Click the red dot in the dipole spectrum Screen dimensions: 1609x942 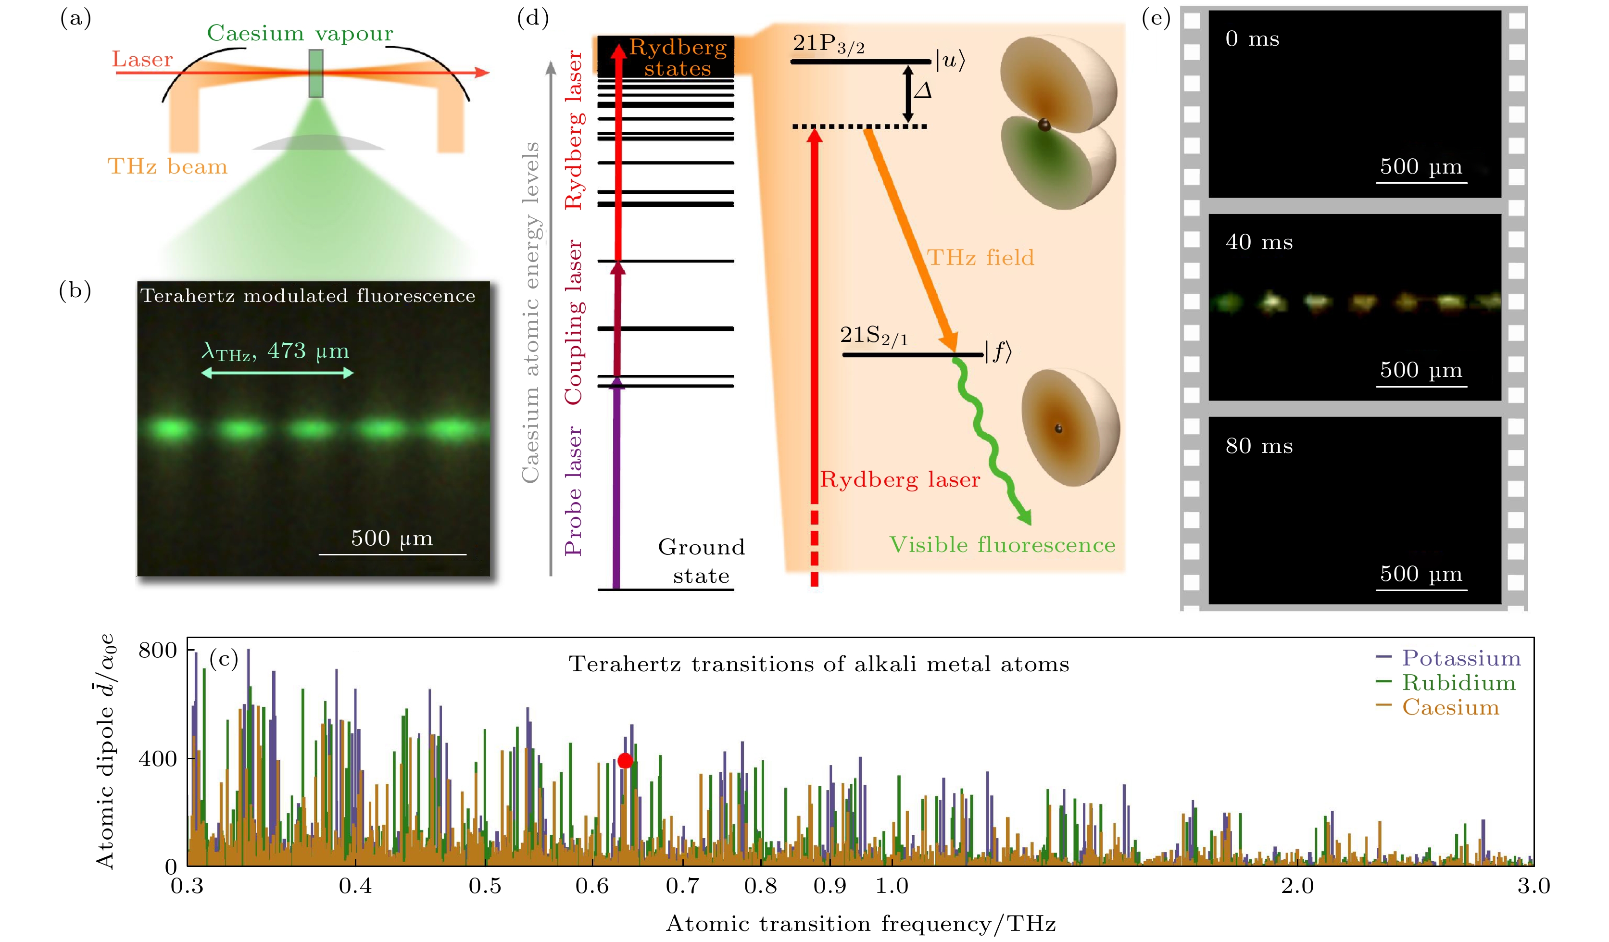(625, 761)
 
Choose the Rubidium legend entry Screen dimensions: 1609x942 (1446, 683)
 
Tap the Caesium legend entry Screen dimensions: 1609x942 (1438, 707)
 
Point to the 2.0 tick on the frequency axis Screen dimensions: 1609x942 (1297, 886)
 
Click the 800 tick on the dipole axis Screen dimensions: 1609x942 (158, 650)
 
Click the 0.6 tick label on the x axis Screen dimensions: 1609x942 (592, 886)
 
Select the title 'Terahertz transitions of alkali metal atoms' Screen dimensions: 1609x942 (818, 664)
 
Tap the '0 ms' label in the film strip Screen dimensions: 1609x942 (1252, 39)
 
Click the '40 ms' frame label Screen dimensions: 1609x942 (1259, 242)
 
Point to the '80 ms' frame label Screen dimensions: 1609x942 (1259, 446)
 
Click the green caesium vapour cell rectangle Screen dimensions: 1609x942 (315, 74)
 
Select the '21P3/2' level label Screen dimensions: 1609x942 (829, 44)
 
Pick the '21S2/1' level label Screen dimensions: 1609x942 (873, 335)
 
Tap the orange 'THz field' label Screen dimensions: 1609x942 (980, 257)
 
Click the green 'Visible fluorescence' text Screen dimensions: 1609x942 (1003, 545)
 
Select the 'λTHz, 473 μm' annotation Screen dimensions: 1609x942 (275, 351)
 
